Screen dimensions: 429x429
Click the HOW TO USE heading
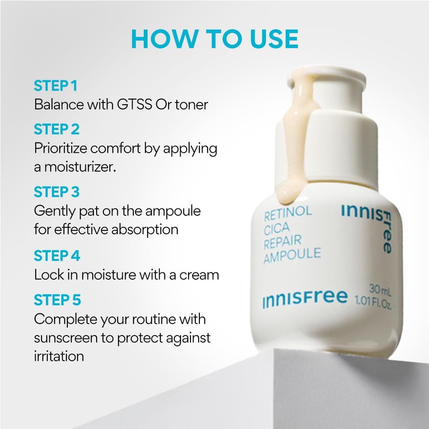(214, 39)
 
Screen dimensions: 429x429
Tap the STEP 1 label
(55, 86)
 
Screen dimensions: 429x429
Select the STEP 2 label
(57, 129)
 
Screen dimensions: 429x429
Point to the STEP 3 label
(57, 192)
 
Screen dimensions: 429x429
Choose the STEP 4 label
(57, 256)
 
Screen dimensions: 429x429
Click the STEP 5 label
(57, 300)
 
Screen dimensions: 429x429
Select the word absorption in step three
(145, 229)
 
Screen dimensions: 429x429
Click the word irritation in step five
(59, 356)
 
